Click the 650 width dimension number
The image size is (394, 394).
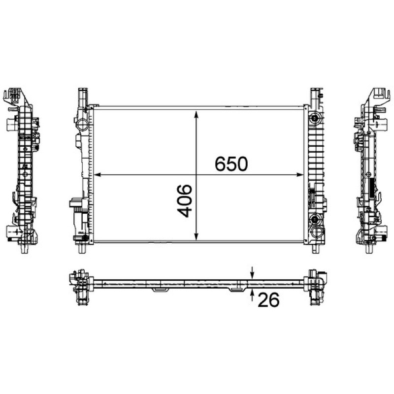pyautogui.click(x=231, y=164)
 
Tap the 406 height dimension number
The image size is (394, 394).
pyautogui.click(x=185, y=201)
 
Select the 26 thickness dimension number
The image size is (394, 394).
pyautogui.click(x=268, y=299)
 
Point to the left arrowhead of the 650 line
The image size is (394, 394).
pyautogui.click(x=97, y=175)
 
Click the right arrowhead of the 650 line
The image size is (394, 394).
pyautogui.click(x=300, y=175)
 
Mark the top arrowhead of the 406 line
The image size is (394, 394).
pyautogui.click(x=197, y=114)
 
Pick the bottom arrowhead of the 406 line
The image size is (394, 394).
pyautogui.click(x=197, y=236)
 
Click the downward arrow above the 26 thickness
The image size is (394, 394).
pyautogui.click(x=252, y=273)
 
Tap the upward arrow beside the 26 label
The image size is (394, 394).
pyautogui.click(x=252, y=295)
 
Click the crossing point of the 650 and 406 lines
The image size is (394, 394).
pyautogui.click(x=197, y=175)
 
